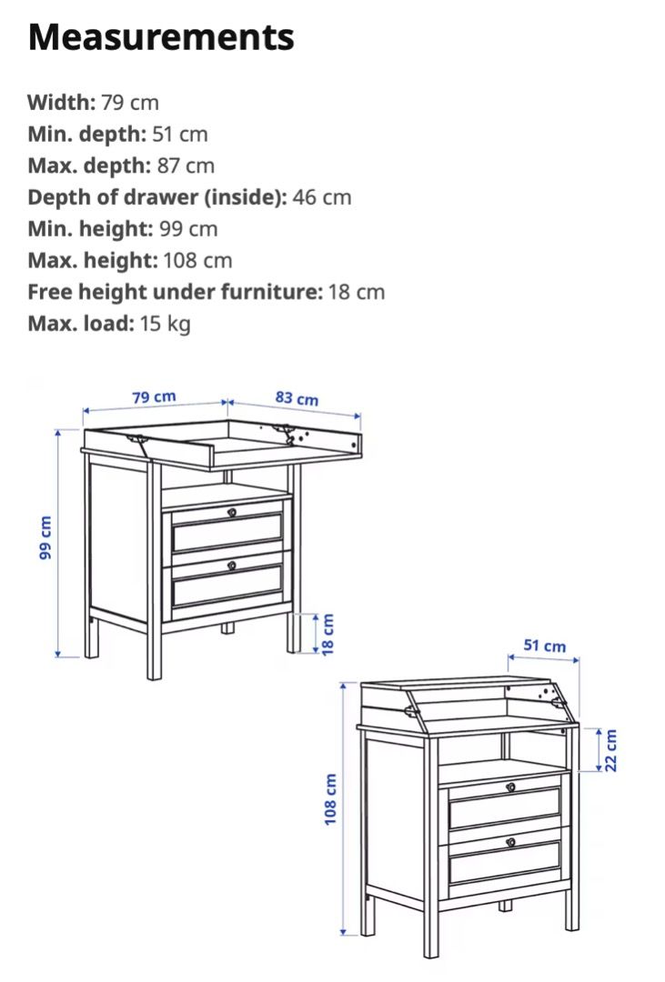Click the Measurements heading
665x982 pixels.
161,37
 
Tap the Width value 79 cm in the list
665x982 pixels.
130,102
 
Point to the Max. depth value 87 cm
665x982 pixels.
186,165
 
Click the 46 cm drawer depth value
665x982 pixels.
322,197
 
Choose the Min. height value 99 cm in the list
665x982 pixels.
188,228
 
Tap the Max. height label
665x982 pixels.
92,260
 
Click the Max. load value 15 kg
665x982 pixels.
165,324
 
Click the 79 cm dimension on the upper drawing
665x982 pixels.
154,397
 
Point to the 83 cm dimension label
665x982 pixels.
297,398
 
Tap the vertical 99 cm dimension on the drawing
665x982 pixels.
46,537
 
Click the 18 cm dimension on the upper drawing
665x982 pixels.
328,633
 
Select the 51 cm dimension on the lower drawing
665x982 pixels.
544,646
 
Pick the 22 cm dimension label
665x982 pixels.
610,749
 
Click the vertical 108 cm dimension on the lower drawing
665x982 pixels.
331,799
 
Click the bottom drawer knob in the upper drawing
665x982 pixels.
231,565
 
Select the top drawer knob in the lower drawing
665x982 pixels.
510,787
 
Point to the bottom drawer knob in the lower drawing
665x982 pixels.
510,841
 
